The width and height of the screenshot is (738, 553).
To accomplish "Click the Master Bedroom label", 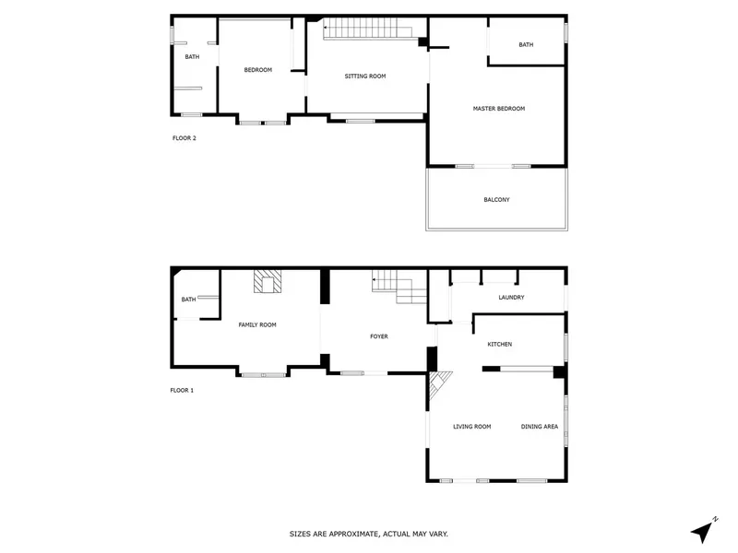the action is pyautogui.click(x=499, y=109).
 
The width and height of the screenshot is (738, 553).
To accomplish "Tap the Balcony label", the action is pyautogui.click(x=496, y=200).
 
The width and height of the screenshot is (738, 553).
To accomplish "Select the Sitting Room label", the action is pyautogui.click(x=365, y=76).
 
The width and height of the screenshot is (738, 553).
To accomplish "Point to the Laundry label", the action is pyautogui.click(x=511, y=298).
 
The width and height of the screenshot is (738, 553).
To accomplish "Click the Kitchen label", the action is pyautogui.click(x=500, y=344).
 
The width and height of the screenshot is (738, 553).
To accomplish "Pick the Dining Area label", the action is pyautogui.click(x=540, y=427).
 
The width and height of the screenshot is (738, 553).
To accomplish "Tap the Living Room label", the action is pyautogui.click(x=472, y=427).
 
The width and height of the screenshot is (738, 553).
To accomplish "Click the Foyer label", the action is pyautogui.click(x=379, y=336).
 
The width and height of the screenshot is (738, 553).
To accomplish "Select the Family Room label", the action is pyautogui.click(x=257, y=325).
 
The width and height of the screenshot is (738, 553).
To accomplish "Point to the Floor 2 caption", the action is pyautogui.click(x=184, y=138).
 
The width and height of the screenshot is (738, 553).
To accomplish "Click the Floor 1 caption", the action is pyautogui.click(x=182, y=390).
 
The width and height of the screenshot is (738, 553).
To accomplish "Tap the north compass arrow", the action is pyautogui.click(x=704, y=531).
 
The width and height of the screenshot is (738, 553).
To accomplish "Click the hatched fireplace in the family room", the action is pyautogui.click(x=268, y=281).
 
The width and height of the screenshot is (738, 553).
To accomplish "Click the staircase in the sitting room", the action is pyautogui.click(x=367, y=28).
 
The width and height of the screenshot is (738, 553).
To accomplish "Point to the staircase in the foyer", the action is pyautogui.click(x=399, y=286).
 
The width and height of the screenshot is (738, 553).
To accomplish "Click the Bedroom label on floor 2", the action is pyautogui.click(x=258, y=70).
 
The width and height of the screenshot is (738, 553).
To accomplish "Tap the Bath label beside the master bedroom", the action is pyautogui.click(x=526, y=45).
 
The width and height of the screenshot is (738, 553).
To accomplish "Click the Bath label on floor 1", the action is pyautogui.click(x=188, y=300).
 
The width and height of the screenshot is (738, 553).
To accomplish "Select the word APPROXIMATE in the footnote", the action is pyautogui.click(x=354, y=535).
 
